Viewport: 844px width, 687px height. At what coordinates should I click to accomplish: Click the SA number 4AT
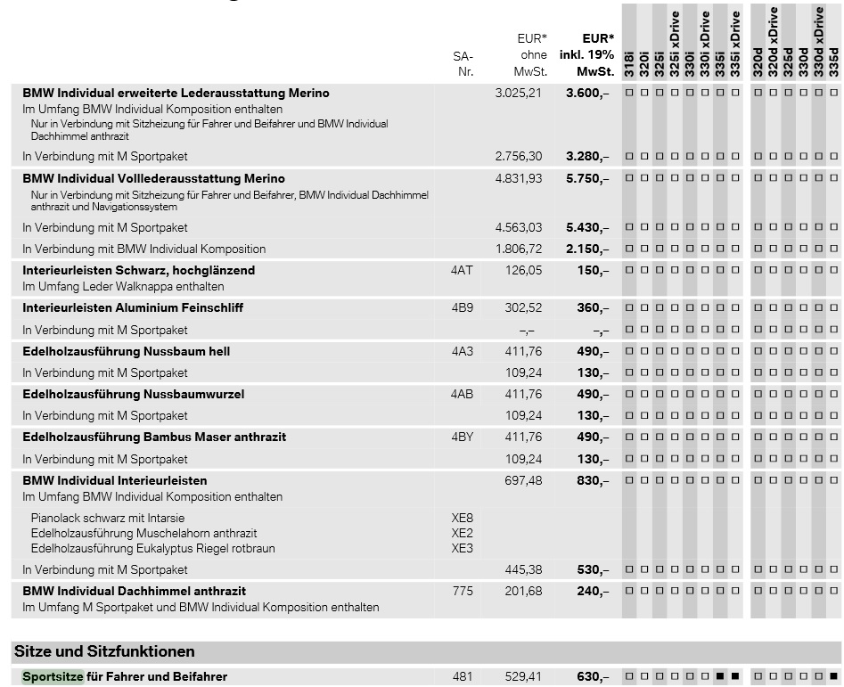point(462,270)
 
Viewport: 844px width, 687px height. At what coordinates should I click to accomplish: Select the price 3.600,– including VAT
point(587,93)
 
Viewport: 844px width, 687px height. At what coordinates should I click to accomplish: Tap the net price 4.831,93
point(519,178)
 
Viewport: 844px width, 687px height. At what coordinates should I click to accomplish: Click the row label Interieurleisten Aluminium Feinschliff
point(133,307)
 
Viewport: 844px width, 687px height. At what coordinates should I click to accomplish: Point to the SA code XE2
point(462,533)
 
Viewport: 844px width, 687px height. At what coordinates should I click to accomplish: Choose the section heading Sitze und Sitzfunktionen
point(104,651)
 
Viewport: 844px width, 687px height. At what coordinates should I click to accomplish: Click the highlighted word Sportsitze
point(53,676)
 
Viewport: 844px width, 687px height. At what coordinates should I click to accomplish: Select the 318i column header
point(628,64)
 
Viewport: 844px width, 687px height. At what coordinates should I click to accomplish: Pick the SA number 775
point(463,591)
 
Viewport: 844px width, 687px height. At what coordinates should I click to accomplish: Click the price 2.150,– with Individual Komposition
point(587,249)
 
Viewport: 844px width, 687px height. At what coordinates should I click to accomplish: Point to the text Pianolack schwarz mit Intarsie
point(108,518)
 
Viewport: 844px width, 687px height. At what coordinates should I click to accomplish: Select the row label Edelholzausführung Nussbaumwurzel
point(134,395)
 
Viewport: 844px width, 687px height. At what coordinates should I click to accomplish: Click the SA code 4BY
point(463,437)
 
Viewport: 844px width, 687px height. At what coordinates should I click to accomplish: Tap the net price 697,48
point(523,480)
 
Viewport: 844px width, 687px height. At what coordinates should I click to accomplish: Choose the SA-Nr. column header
point(463,64)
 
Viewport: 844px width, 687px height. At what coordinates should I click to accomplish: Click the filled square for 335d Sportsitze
point(834,676)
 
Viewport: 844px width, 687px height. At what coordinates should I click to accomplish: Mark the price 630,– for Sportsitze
point(593,677)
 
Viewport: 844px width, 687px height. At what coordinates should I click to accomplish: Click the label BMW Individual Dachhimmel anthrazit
point(134,591)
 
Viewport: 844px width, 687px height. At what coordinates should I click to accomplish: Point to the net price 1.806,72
point(519,249)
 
